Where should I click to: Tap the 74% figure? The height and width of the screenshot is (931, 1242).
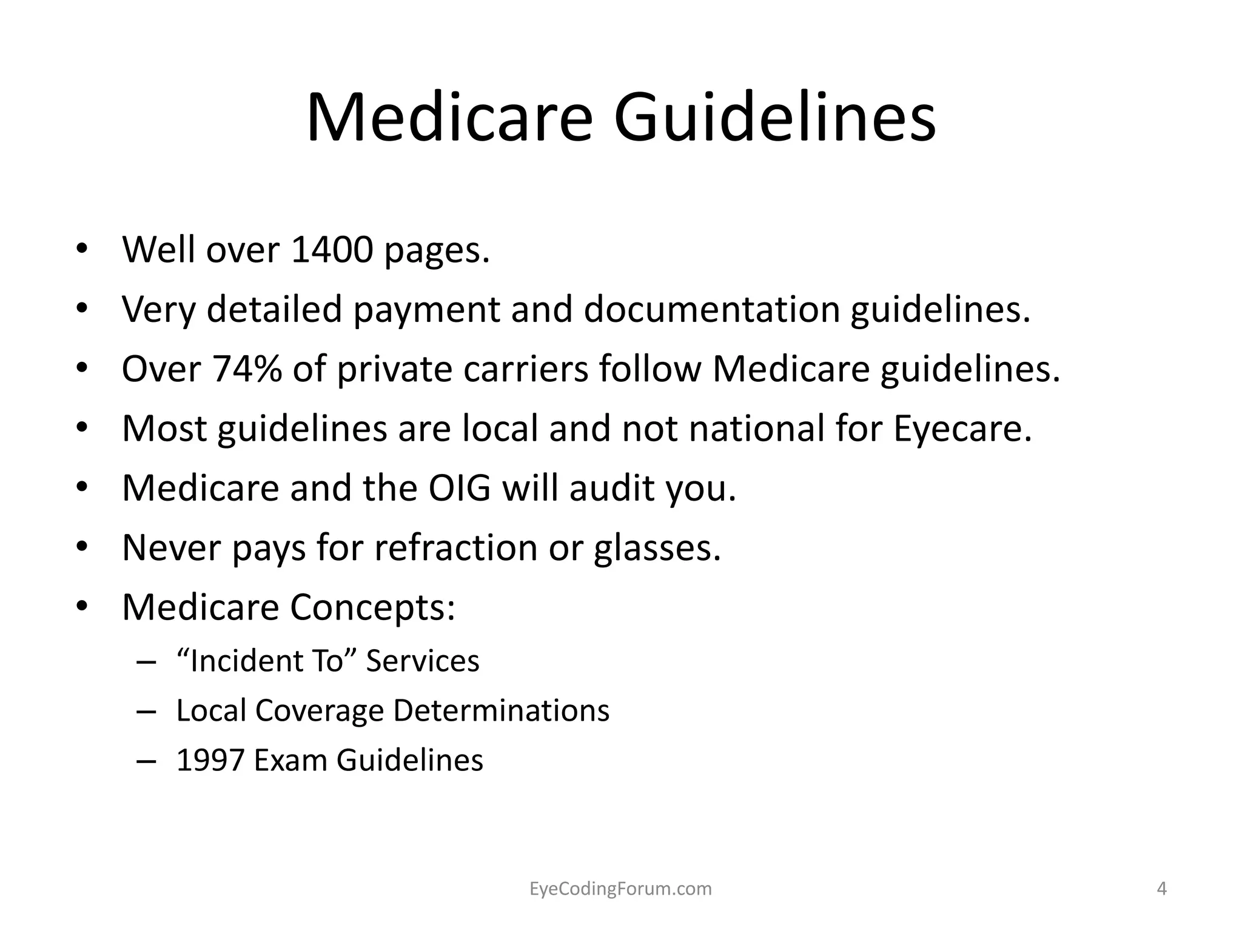pos(247,369)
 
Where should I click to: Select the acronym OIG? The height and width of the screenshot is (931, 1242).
pos(459,488)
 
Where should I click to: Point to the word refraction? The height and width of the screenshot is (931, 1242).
pos(455,547)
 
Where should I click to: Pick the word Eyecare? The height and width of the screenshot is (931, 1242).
pos(962,429)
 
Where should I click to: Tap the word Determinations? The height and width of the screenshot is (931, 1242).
pos(503,710)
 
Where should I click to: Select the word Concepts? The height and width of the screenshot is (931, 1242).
pos(372,607)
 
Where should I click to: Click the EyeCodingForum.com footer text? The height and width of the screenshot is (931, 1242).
pos(620,889)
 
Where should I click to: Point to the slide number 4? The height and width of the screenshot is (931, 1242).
pos(1162,889)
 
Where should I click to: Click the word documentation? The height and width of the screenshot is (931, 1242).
pos(711,309)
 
